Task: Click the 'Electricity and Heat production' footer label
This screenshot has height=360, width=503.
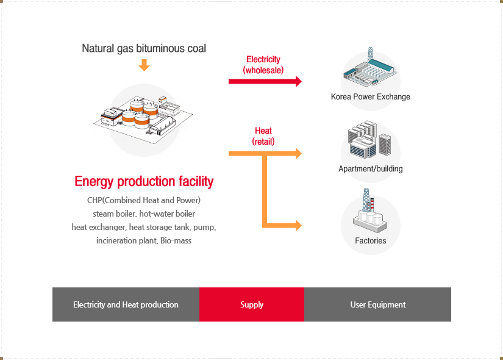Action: tap(126, 304)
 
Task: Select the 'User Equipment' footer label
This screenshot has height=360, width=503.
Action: tap(377, 304)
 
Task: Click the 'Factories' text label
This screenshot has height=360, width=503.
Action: tap(371, 241)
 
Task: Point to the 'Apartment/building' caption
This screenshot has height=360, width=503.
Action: tap(371, 169)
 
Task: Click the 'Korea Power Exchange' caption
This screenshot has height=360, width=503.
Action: tap(371, 97)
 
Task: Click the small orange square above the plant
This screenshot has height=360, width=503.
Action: tap(144, 65)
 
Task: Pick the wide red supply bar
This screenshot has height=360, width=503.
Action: tap(265, 82)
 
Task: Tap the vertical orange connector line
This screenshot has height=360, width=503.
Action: tap(265, 189)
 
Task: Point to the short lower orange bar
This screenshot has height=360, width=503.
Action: tap(282, 225)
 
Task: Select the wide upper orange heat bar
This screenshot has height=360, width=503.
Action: tap(265, 154)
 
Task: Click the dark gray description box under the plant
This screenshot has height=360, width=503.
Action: tap(141, 220)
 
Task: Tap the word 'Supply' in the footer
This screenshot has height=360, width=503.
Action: tap(252, 304)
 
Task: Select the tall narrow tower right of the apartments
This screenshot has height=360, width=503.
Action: tap(385, 143)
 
